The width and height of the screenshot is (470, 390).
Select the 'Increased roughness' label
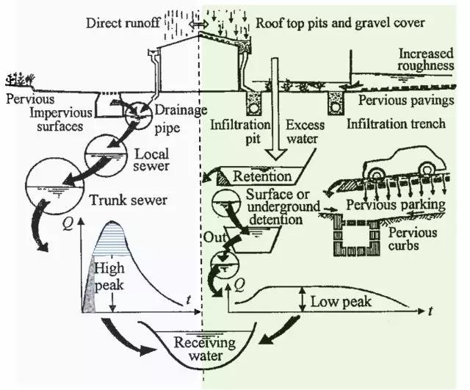428,63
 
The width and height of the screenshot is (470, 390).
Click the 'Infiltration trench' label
396,124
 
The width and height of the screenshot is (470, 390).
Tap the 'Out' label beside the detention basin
211,238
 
